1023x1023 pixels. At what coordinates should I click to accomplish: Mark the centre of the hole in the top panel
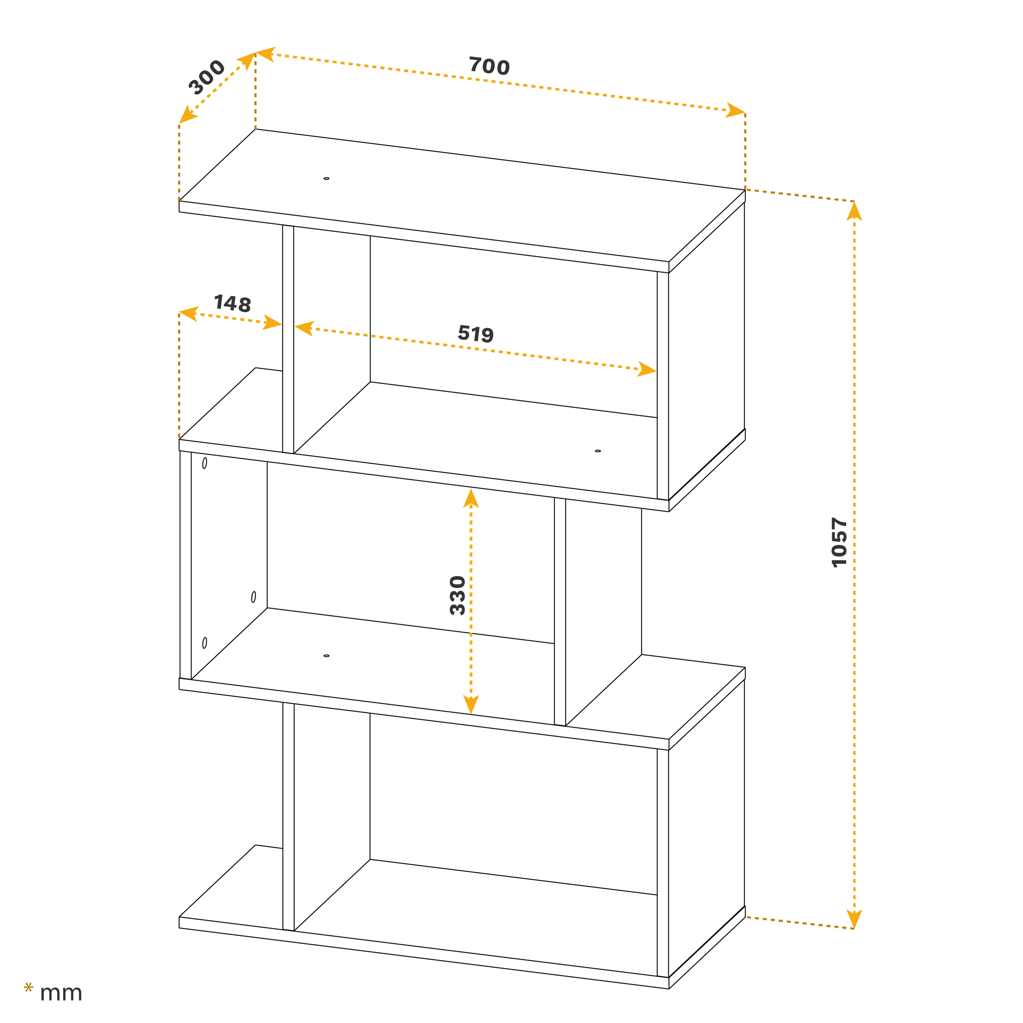pos(326,179)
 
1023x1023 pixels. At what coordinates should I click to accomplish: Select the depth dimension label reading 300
pos(207,77)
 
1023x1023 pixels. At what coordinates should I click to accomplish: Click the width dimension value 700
pos(489,66)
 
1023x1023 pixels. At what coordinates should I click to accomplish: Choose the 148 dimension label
pos(232,303)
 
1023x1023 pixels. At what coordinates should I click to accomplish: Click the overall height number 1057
pos(839,543)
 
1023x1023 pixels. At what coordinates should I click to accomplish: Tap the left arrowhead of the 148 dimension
pos(188,313)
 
